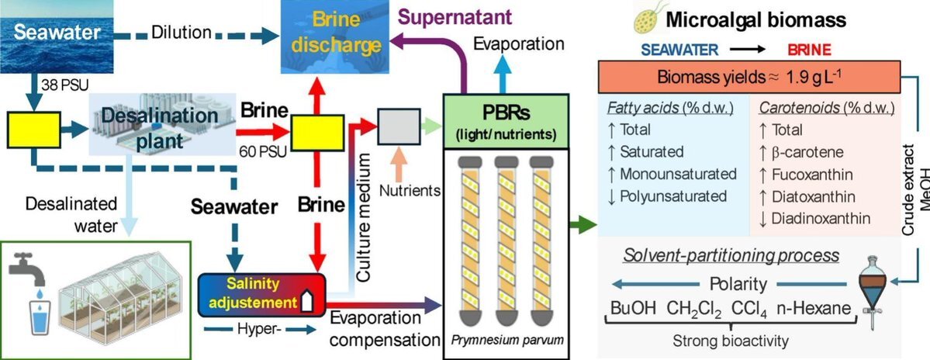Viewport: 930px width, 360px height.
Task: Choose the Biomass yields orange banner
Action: point(749,78)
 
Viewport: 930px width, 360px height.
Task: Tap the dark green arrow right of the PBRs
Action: point(583,225)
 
